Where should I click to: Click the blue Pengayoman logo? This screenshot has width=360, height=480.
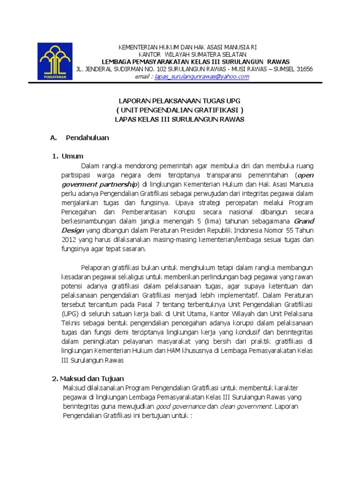[x=56, y=61]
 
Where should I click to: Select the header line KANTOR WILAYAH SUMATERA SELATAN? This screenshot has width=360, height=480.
[x=187, y=54]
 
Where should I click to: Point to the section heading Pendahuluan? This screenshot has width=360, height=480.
[x=88, y=138]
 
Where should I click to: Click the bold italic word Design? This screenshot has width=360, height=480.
[x=72, y=230]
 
